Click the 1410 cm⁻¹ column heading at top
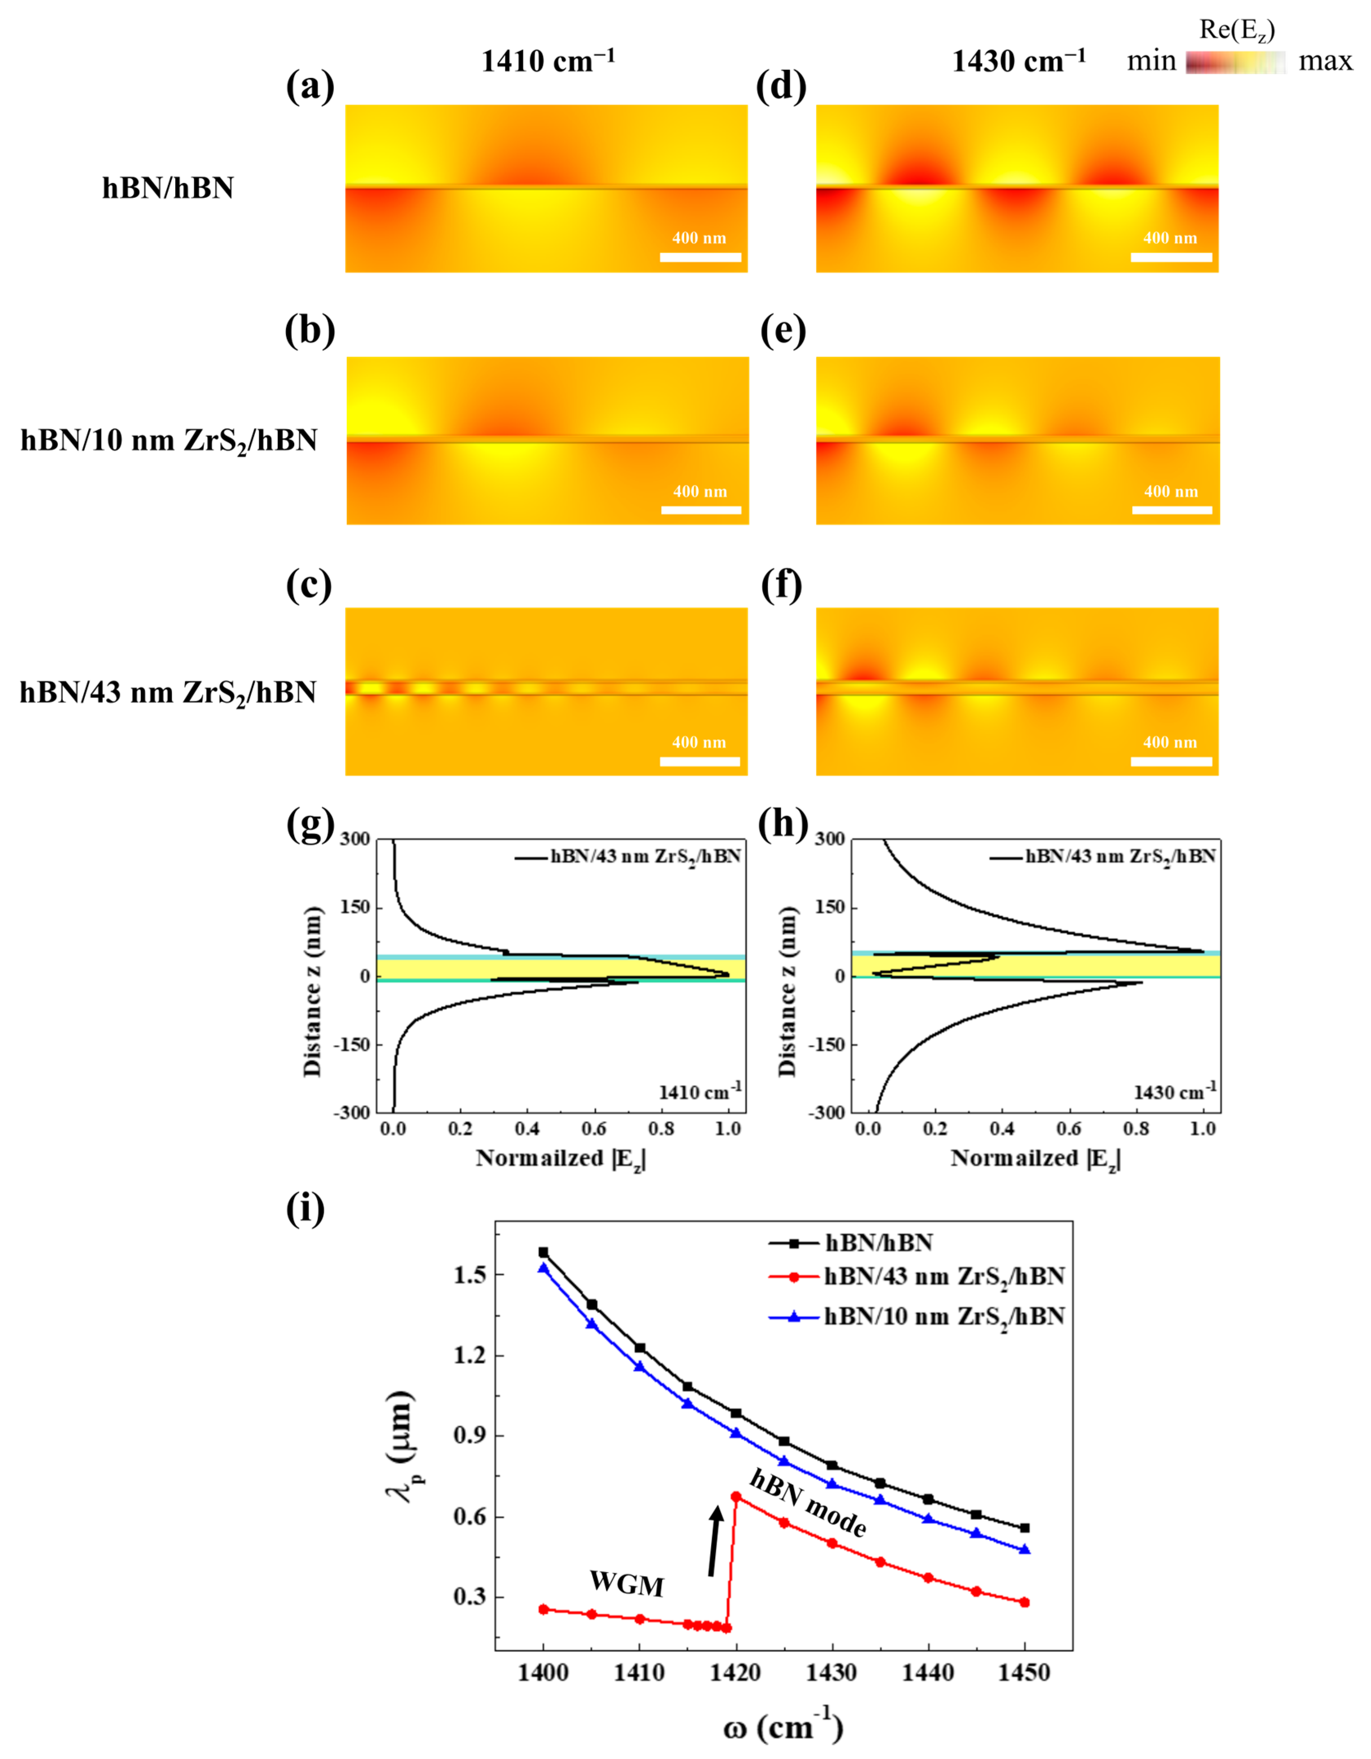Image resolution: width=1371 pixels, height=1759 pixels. click(x=548, y=61)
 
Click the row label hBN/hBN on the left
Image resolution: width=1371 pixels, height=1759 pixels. click(x=167, y=188)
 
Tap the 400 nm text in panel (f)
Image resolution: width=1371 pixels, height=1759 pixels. click(x=1170, y=742)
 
